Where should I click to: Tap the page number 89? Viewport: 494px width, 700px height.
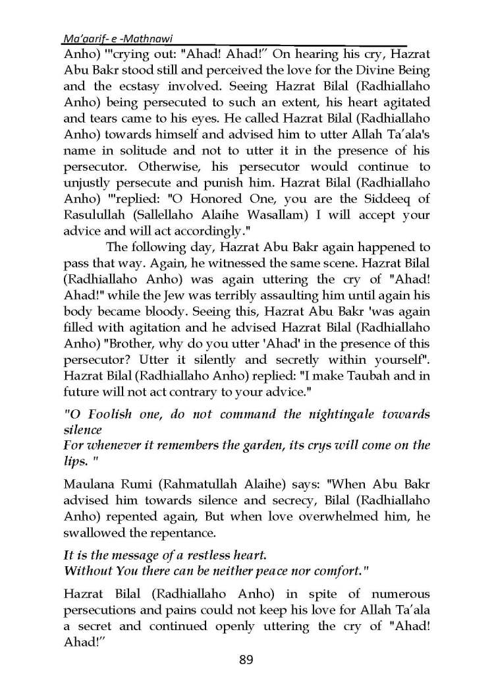pos(246,659)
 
